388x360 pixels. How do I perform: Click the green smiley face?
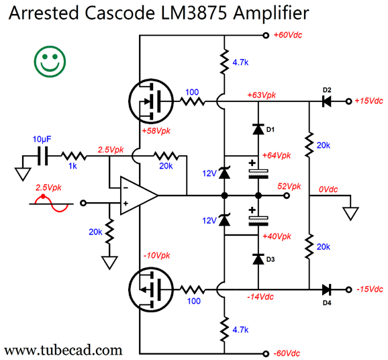click(x=50, y=62)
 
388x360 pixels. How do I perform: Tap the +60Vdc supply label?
click(x=287, y=35)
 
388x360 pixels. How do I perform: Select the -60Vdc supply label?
click(x=287, y=353)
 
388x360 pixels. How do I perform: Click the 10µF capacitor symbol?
click(x=42, y=156)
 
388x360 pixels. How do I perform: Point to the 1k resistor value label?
click(x=72, y=166)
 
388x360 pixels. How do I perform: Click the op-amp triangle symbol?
click(x=138, y=195)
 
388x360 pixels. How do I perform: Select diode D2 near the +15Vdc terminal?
click(x=327, y=101)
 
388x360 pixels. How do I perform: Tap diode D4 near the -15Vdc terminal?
click(x=327, y=289)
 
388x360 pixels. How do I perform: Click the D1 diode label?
click(x=271, y=130)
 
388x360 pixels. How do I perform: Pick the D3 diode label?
click(x=271, y=259)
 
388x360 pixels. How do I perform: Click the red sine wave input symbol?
click(x=52, y=204)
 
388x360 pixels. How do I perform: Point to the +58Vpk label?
click(x=156, y=131)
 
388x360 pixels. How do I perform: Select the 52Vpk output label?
click(x=289, y=186)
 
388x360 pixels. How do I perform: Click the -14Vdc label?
click(x=260, y=297)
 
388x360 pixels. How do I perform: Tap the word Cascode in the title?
click(x=119, y=13)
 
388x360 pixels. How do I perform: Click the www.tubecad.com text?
click(x=63, y=351)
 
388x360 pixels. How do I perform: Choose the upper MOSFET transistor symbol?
click(x=151, y=101)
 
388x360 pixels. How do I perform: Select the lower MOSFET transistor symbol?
click(x=151, y=289)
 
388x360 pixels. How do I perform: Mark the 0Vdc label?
click(x=328, y=189)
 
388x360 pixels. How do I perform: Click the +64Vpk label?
click(x=277, y=156)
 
